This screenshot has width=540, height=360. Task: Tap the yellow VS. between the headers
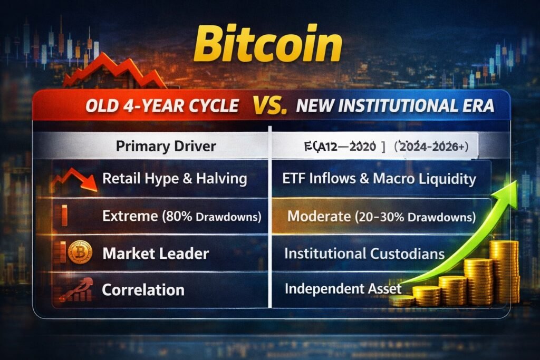tap(269, 105)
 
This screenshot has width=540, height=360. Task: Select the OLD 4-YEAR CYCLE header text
tap(161, 106)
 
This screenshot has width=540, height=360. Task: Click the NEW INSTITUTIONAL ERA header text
tap(395, 106)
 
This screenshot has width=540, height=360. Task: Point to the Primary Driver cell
tap(166, 146)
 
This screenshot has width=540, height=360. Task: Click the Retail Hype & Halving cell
tap(175, 178)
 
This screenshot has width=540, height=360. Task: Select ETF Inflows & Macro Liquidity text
tap(379, 179)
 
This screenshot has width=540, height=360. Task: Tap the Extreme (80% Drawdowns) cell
tap(182, 216)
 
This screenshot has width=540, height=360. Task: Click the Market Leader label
tap(156, 254)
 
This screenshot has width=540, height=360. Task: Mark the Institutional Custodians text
tap(364, 254)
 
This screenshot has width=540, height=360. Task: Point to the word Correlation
tap(143, 289)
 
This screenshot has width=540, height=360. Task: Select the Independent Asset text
tap(343, 289)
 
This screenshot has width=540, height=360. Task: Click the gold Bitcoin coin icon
tap(80, 252)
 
